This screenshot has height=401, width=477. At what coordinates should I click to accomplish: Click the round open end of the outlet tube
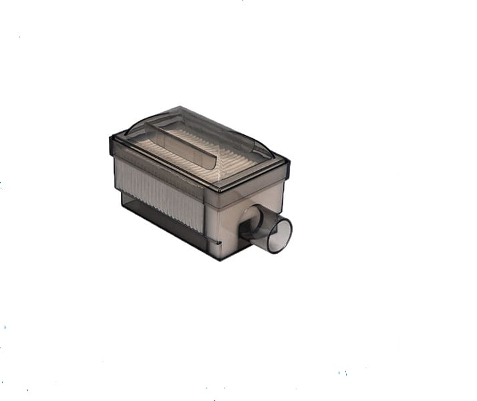point(279,235)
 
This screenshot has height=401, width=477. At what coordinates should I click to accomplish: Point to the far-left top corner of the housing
point(112,138)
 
